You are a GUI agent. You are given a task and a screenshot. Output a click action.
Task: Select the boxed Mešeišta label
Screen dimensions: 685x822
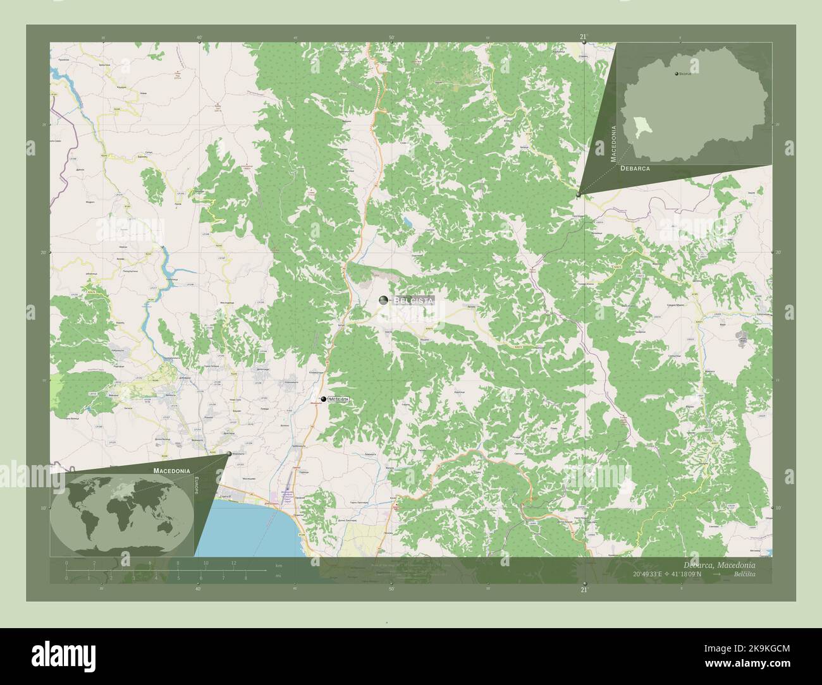point(338,399)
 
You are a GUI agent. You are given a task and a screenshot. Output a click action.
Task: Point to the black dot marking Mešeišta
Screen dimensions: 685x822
point(323,399)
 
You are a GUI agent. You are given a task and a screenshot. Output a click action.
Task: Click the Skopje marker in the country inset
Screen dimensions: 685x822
point(676,74)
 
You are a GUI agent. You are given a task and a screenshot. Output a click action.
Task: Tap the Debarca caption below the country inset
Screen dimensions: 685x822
point(635,169)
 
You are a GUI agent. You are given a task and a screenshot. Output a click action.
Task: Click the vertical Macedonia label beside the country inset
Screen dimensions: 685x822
point(613,144)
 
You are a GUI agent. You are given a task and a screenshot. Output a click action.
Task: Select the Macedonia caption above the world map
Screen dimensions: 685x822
point(171,471)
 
